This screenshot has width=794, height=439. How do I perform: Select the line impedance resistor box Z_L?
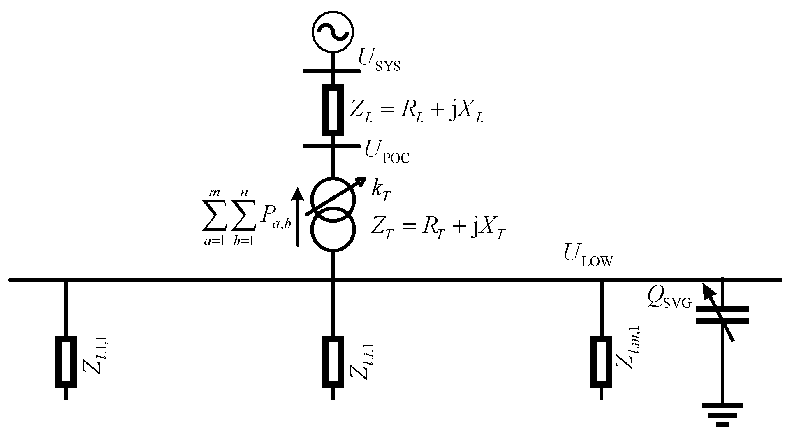[332, 109]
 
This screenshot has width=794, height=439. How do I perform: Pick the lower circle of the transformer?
[332, 231]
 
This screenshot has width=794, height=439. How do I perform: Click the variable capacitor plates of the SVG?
[722, 315]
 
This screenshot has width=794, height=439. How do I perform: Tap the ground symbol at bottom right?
[722, 415]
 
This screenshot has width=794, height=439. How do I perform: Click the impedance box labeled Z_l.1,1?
[66, 362]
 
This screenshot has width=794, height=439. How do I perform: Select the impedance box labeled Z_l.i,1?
[332, 362]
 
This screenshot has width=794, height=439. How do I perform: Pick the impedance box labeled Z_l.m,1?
[601, 362]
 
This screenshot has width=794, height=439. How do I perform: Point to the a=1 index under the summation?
[214, 241]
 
